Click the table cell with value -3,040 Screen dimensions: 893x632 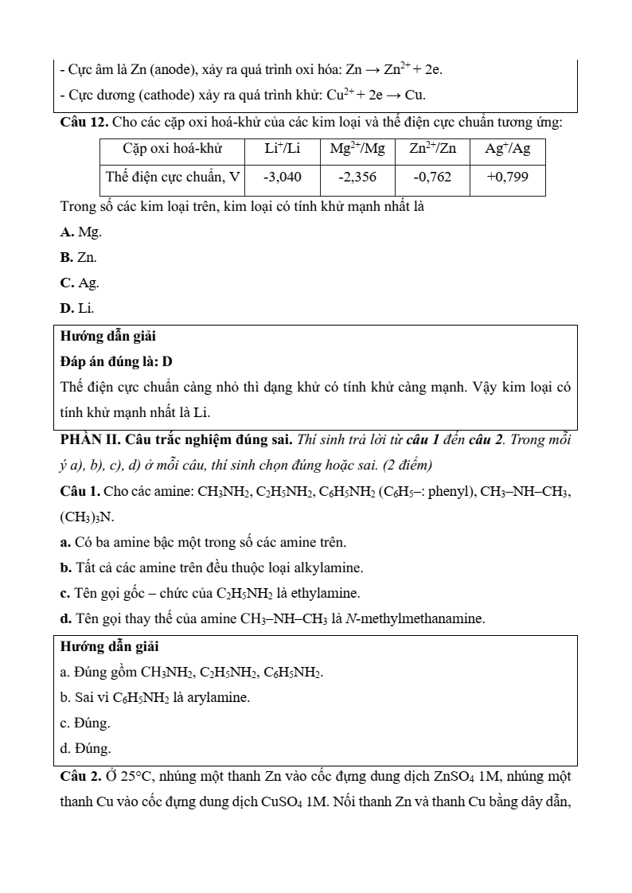tap(282, 177)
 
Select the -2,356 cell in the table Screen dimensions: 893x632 tap(357, 177)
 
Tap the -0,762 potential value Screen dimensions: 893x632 tap(432, 177)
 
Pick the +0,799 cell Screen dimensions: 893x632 tap(507, 177)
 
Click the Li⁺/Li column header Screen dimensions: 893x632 tap(282, 148)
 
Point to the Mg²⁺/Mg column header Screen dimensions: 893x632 tap(357, 148)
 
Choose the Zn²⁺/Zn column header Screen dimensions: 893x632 tap(432, 148)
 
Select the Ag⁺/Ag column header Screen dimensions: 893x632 tap(507, 148)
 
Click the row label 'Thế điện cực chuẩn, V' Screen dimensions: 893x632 tap(172, 177)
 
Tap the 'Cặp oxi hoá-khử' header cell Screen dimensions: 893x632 tap(172, 148)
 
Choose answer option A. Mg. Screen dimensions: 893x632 tap(81, 232)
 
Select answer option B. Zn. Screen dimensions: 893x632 tap(79, 257)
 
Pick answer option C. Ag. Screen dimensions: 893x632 tap(80, 283)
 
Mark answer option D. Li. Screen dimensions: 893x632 tap(77, 308)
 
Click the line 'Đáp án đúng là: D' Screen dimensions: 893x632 tap(116, 361)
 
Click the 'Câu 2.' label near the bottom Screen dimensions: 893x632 tap(80, 776)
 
